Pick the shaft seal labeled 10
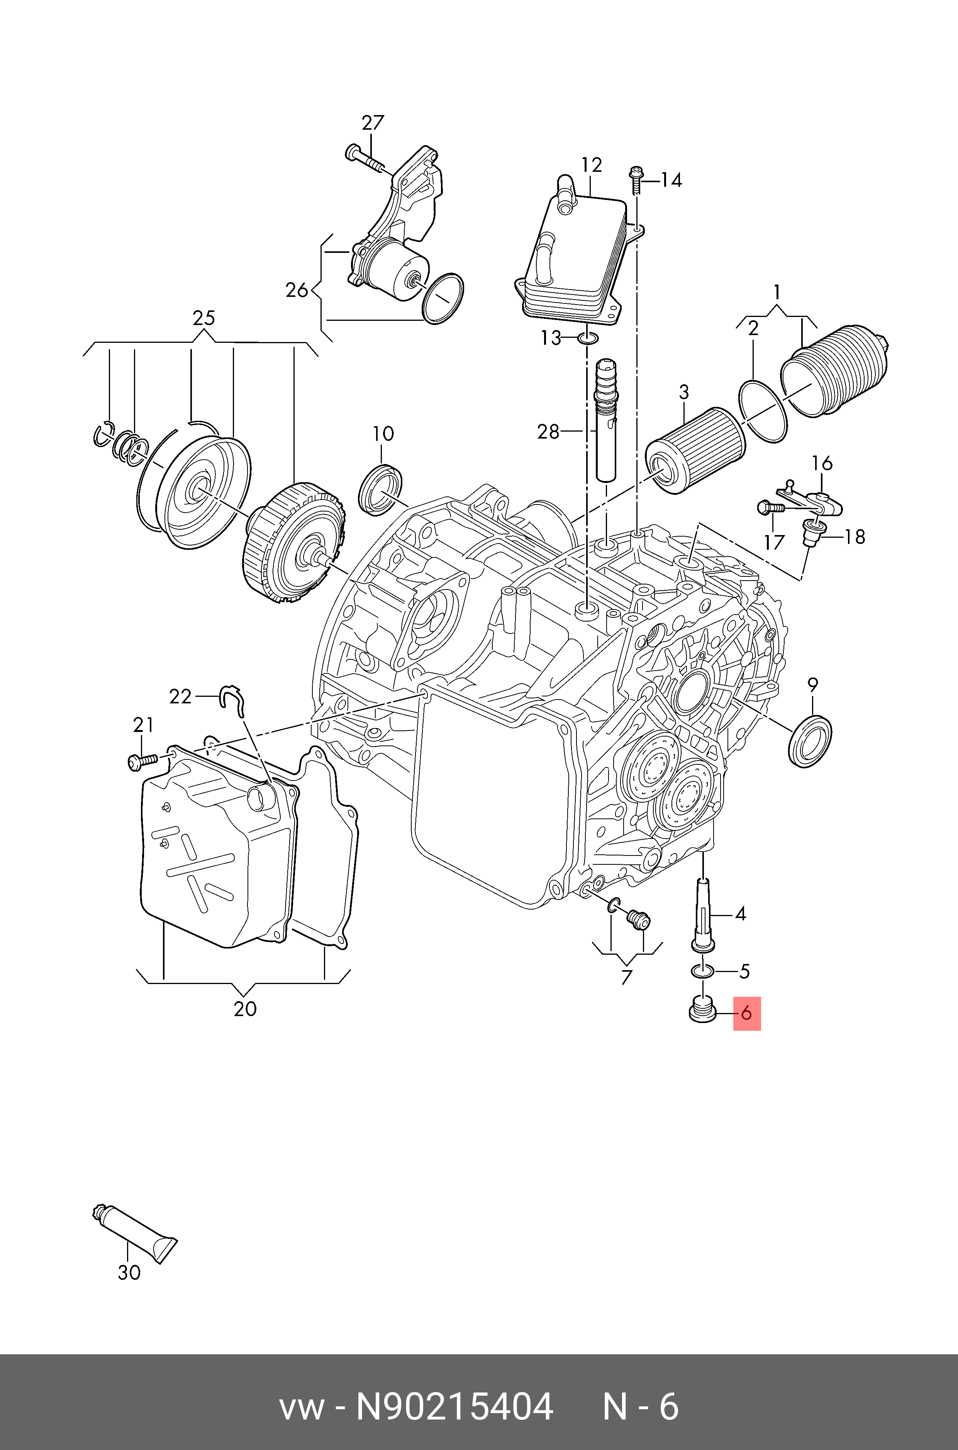[380, 489]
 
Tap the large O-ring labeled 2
[763, 410]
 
